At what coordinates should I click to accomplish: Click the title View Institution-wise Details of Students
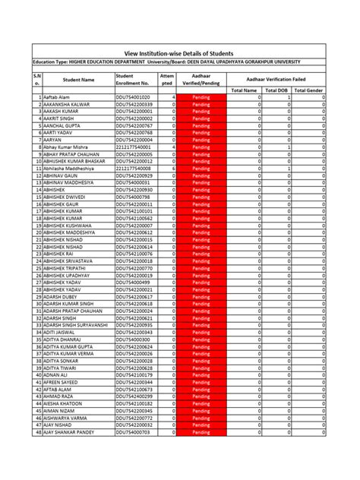[179, 51]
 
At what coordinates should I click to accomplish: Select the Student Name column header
[77, 79]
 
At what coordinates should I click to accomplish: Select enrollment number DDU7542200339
[135, 105]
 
